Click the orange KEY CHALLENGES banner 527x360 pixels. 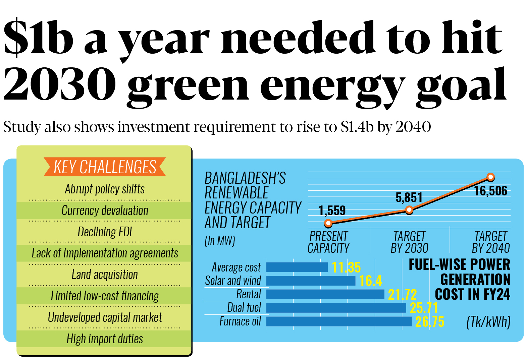point(105,167)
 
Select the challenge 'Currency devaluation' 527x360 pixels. point(105,211)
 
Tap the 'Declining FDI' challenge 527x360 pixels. point(105,232)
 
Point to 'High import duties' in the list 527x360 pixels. point(105,339)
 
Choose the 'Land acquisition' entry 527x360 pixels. point(105,275)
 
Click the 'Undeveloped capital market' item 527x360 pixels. point(105,317)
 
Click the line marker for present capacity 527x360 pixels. point(328,223)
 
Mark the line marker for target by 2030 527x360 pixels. point(409,210)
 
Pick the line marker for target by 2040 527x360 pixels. point(490,177)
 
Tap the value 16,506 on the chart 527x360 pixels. point(490,191)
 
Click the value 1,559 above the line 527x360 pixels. point(332,211)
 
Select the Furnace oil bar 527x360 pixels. point(339,321)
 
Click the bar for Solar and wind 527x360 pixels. point(311,281)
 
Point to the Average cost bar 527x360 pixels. point(297,267)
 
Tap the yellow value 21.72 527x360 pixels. point(402,295)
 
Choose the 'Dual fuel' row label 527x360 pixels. point(244,307)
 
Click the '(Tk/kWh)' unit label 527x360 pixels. point(488,322)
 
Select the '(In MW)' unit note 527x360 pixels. point(220,241)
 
